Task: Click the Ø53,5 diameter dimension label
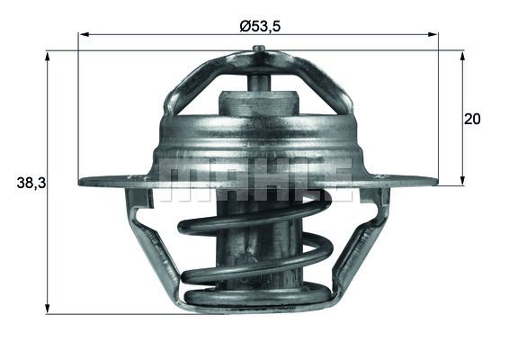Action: pos(260,26)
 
